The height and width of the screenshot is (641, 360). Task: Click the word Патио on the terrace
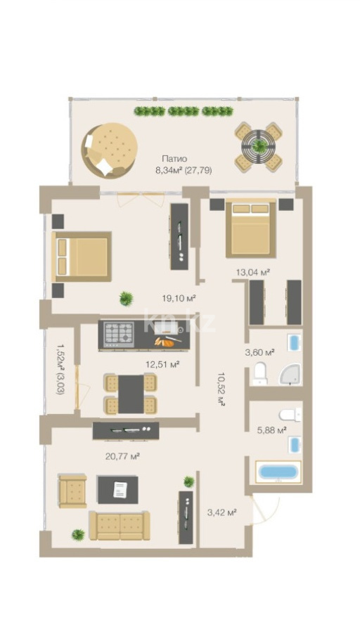tap(174, 159)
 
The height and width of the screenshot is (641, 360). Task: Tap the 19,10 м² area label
tap(179, 298)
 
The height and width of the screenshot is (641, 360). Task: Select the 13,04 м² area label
tap(252, 271)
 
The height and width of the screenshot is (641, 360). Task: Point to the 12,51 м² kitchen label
tap(163, 364)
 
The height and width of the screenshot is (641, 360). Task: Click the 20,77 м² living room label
tap(123, 456)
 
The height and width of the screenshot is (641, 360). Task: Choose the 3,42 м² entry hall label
tap(222, 512)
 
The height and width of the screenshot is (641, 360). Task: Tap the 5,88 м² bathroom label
tap(271, 429)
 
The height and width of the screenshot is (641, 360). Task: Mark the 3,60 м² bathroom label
tap(259, 352)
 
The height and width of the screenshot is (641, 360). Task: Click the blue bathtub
tap(278, 472)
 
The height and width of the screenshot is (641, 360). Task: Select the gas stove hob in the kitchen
tap(119, 334)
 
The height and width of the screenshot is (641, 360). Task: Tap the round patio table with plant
tap(259, 146)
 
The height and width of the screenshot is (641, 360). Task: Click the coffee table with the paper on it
tap(118, 489)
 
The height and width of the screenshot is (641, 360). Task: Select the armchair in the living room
tap(72, 491)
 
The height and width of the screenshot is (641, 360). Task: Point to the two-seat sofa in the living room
tap(120, 525)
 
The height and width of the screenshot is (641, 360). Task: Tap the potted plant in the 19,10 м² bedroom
tap(127, 299)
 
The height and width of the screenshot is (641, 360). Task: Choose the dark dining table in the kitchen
tap(131, 394)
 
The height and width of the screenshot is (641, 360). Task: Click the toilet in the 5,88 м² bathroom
tap(290, 415)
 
